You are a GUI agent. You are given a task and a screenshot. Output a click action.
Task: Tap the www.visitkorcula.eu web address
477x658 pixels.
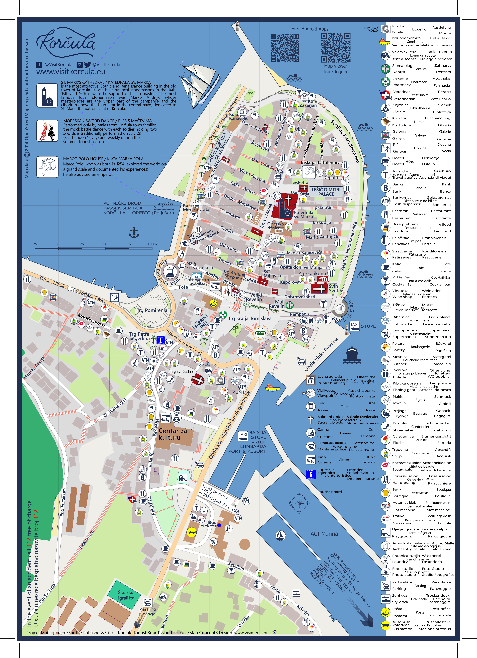pos(71,72)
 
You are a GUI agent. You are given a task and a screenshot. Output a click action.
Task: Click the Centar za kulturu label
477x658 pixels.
pos(173,434)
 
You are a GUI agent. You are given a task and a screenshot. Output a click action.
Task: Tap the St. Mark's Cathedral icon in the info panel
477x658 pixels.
pos(47,95)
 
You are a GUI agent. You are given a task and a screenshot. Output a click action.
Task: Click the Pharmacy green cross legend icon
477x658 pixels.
pos(385,82)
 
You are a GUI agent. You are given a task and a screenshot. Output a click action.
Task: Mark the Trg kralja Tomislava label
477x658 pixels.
pos(250,318)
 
